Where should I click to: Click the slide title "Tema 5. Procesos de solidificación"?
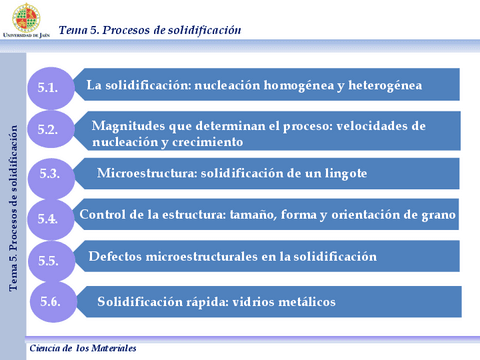pos(150,30)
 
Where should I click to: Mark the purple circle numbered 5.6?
pos(49,301)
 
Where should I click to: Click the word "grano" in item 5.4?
pos(436,214)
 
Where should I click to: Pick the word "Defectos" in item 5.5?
pos(116,257)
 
